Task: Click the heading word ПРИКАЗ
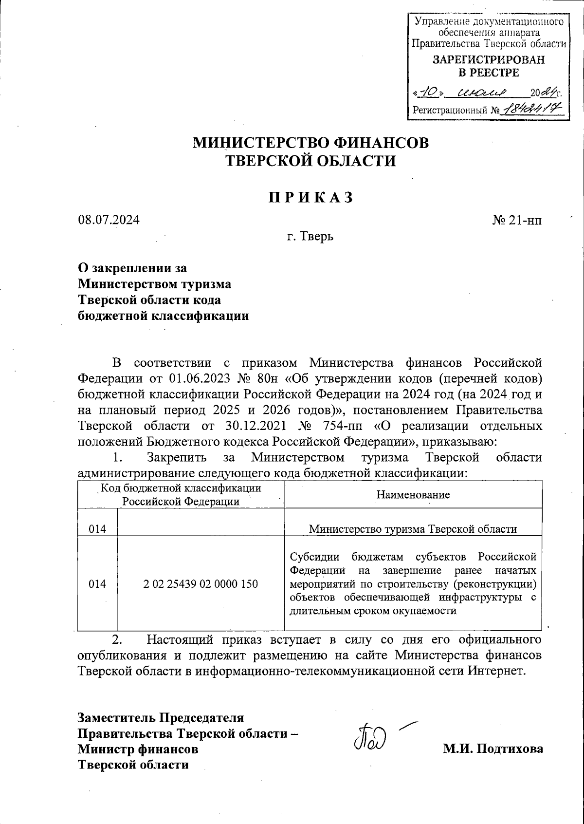[x=311, y=197]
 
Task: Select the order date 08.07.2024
[x=109, y=220]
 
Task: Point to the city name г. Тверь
[x=310, y=237]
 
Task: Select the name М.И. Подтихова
[x=493, y=749]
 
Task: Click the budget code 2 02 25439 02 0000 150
[x=201, y=583]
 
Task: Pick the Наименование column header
[x=413, y=495]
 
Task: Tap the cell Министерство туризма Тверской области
[x=413, y=529]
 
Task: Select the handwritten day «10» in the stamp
[x=427, y=92]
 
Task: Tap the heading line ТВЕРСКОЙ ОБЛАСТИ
[x=311, y=161]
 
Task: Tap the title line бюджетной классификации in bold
[x=164, y=316]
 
